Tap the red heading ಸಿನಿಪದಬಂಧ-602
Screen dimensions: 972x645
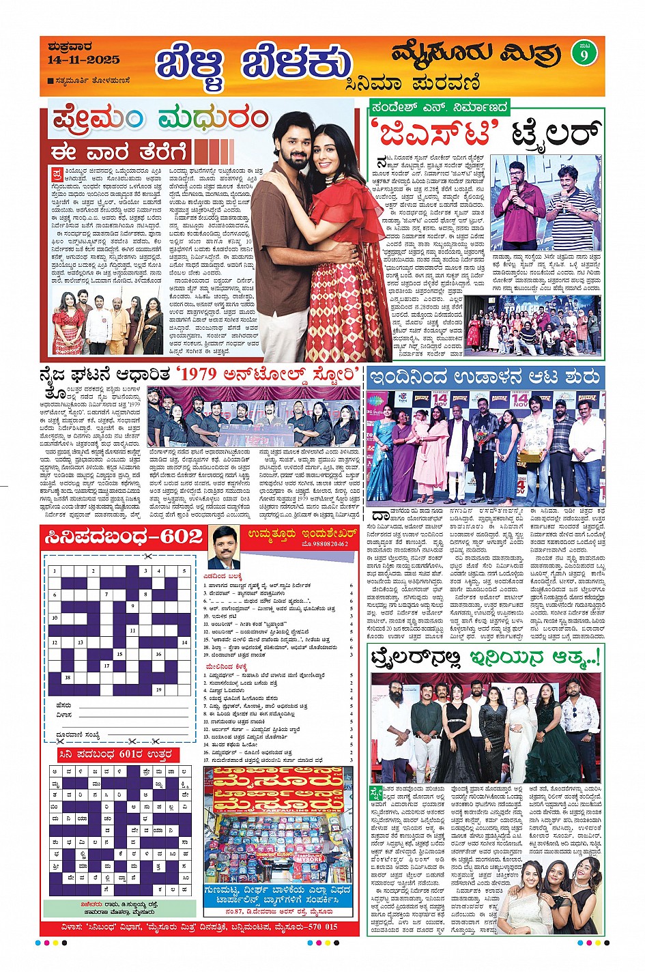tap(124, 537)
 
